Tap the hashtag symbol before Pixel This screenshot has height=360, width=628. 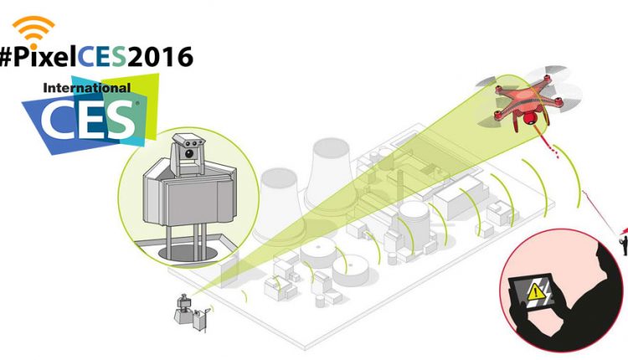(11, 57)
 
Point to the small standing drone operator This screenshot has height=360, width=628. (622, 241)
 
